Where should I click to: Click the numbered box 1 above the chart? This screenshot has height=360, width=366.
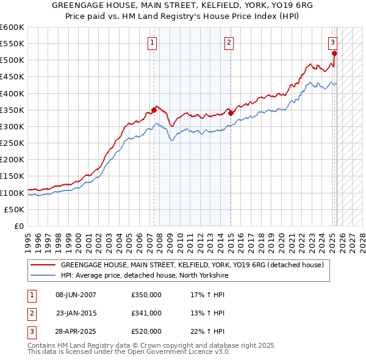point(151,42)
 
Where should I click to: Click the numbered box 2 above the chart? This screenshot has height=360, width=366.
point(228,42)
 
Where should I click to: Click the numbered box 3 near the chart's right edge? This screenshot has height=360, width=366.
point(332,42)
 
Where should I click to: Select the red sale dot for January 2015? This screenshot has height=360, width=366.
point(231,113)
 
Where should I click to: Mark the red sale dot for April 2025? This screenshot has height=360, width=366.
point(335,54)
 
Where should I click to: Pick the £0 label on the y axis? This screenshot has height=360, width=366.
point(18,226)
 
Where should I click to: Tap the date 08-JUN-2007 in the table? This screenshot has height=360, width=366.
point(76,294)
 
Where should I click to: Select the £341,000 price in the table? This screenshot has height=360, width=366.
point(146,313)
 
